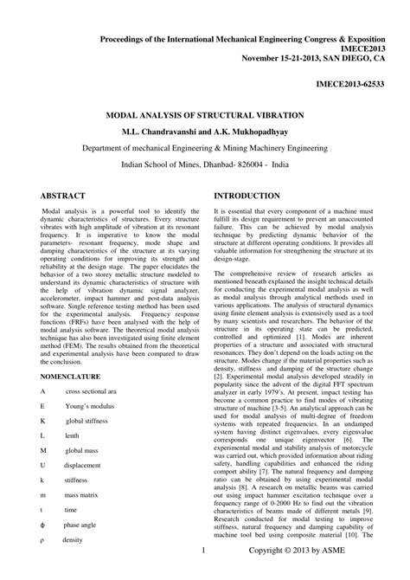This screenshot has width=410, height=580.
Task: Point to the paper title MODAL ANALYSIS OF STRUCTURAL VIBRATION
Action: pyautogui.click(x=203, y=114)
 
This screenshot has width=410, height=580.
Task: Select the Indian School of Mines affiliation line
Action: pyautogui.click(x=204, y=163)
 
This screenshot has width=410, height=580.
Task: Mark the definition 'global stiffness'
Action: pyautogui.click(x=91, y=421)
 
